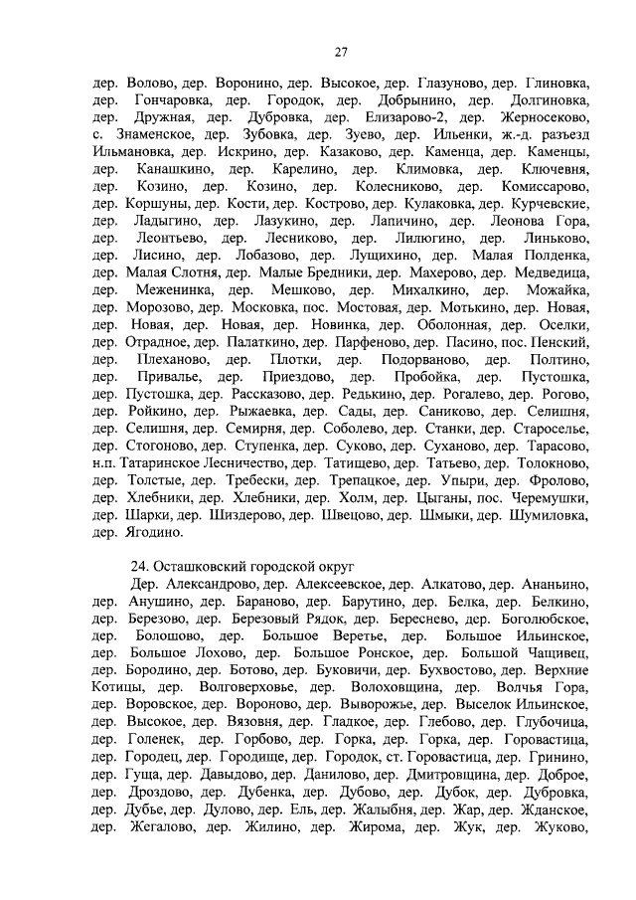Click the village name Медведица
coord(545,270)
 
